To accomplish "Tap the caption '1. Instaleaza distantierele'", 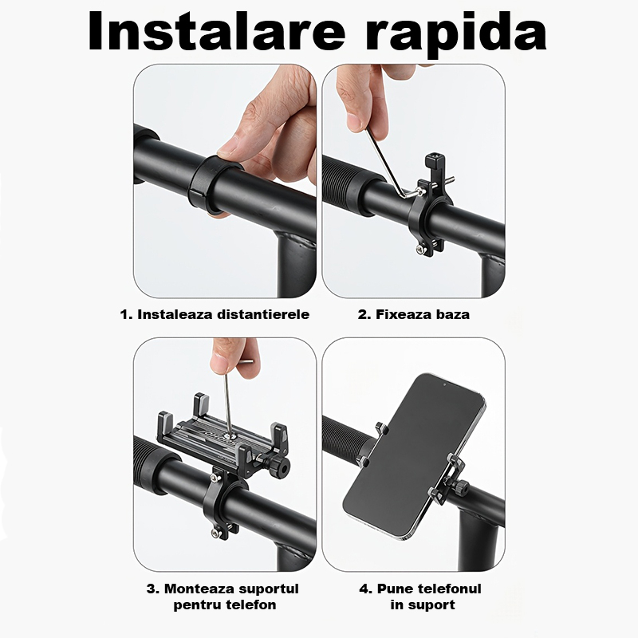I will coord(215,314).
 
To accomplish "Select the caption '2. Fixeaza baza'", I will coord(413,314).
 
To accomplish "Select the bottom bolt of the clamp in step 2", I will coord(419,250).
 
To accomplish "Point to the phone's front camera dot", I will coord(444,384).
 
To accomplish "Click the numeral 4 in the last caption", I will coord(364,589).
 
